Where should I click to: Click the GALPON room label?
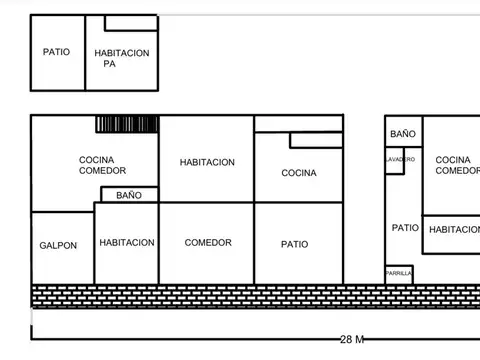click(58, 245)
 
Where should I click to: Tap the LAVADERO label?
click(400, 159)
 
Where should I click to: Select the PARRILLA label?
click(398, 272)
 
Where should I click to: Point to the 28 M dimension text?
click(351, 340)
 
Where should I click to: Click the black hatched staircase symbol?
click(127, 124)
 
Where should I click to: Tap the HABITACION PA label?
click(122, 57)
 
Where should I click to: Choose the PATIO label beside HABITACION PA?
click(56, 52)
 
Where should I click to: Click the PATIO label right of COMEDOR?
click(294, 244)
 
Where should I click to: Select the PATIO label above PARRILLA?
click(404, 228)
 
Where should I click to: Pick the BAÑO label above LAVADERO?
click(403, 134)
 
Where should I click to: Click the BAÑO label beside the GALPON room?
click(129, 195)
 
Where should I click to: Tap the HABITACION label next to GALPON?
click(127, 243)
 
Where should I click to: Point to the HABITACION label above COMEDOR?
click(207, 162)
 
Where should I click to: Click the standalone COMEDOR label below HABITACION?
click(208, 243)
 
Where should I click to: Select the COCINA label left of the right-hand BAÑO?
click(298, 173)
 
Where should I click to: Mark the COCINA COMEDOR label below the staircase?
click(102, 165)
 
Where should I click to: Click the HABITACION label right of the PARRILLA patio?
click(454, 230)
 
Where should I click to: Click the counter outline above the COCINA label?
click(315, 140)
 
